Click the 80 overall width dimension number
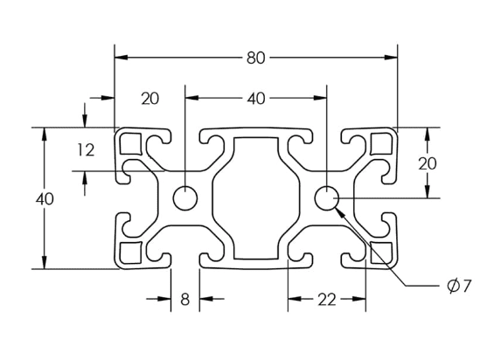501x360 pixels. [x=256, y=59]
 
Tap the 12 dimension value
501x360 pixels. [x=86, y=149]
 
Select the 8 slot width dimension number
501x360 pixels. [x=185, y=300]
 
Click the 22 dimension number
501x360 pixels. [x=327, y=300]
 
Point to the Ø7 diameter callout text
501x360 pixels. [x=459, y=286]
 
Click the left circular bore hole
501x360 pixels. [x=185, y=198]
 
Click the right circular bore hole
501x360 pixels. [x=326, y=198]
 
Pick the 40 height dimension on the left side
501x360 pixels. [x=45, y=199]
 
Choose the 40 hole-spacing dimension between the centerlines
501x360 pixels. [x=256, y=99]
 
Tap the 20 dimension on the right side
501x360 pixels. [x=428, y=164]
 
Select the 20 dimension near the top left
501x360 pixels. [x=150, y=99]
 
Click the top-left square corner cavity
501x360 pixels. [x=130, y=143]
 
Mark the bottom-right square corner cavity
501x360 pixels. [x=381, y=253]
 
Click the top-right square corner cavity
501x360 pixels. [x=381, y=143]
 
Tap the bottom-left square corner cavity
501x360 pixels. [x=130, y=253]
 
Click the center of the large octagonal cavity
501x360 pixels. [x=256, y=198]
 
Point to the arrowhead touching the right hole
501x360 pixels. [x=339, y=212]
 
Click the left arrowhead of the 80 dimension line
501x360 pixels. [x=122, y=58]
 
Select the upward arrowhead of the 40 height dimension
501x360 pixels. [x=45, y=135]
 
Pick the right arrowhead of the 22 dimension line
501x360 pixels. [x=358, y=299]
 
